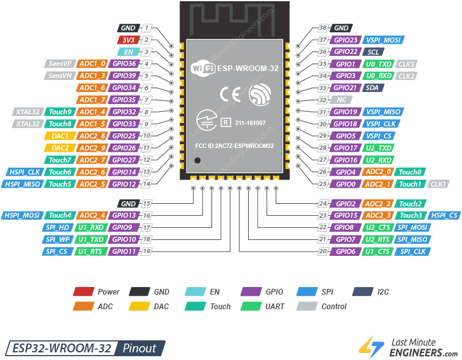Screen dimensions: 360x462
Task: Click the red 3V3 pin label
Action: (x=128, y=40)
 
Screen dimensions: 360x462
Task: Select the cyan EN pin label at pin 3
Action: (x=128, y=52)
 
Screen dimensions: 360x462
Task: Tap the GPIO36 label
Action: (x=124, y=64)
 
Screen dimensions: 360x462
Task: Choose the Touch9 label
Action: (x=60, y=112)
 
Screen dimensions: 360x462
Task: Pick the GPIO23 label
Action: (x=347, y=40)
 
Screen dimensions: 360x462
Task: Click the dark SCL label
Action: (x=374, y=52)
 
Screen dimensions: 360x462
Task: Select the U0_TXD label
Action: (x=378, y=64)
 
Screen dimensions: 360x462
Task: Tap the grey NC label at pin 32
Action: (x=341, y=100)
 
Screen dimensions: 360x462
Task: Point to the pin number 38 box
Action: (x=323, y=28)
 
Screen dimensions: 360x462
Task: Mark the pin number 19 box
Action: (x=147, y=252)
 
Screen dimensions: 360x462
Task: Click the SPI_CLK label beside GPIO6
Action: (x=413, y=252)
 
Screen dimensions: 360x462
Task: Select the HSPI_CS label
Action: (x=444, y=216)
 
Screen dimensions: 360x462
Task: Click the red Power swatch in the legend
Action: (x=82, y=292)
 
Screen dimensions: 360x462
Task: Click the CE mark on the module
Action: (x=230, y=95)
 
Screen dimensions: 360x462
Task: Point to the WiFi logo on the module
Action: (x=202, y=68)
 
